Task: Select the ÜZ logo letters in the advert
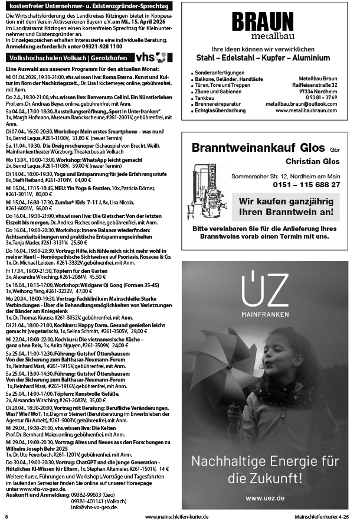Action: (263, 289)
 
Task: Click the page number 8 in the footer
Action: (6, 516)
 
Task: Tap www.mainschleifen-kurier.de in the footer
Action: (176, 516)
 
